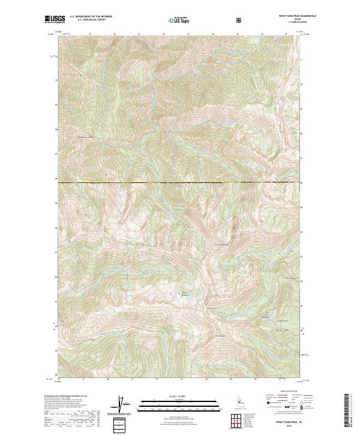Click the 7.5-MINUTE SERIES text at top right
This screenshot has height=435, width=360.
(281, 23)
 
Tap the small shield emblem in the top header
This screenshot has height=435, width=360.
(241, 20)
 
